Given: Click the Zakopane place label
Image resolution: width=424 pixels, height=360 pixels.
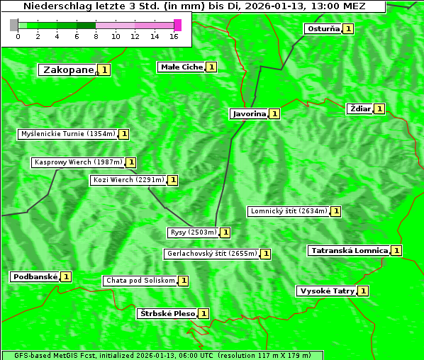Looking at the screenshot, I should pos(68,70).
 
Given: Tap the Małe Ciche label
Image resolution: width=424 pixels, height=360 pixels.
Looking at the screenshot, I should pos(182,67).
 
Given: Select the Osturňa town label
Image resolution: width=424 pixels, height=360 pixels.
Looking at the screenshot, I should pos(323,29).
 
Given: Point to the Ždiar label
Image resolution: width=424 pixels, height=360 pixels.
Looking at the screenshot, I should pos(359,108).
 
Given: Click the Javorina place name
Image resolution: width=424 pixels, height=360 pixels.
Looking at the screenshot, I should pos(249,113).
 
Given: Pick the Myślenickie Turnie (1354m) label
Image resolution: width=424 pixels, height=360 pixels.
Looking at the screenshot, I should pos(67,134).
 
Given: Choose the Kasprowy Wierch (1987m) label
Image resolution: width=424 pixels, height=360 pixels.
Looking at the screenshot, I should pos(78,162).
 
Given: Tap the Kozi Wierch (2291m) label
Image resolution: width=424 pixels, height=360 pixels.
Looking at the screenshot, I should pos(128,180).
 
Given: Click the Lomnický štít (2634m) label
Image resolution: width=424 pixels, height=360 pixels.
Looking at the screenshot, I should pos(289,211).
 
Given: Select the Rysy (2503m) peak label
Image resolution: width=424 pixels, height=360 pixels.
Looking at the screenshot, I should pos(193,232).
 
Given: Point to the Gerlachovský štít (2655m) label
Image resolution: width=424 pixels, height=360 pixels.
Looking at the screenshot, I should pos(211,254).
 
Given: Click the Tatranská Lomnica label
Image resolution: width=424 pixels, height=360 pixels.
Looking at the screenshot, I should pos(349,251).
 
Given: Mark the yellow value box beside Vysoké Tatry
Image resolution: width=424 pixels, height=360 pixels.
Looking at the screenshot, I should pos(363,291).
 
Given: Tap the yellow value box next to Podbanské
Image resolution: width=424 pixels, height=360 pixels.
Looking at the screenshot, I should pos(66,277).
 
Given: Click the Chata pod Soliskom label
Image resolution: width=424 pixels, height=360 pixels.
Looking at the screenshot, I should pos(139,281).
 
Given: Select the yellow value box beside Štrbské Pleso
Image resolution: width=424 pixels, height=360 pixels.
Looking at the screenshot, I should pos(203,313).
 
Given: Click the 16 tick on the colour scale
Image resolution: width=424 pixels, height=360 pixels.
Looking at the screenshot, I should pos(174,36).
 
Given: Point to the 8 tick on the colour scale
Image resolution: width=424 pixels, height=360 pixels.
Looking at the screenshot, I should pos(96,36).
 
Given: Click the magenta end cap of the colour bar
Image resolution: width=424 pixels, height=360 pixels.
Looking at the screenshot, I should pos(177,25).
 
